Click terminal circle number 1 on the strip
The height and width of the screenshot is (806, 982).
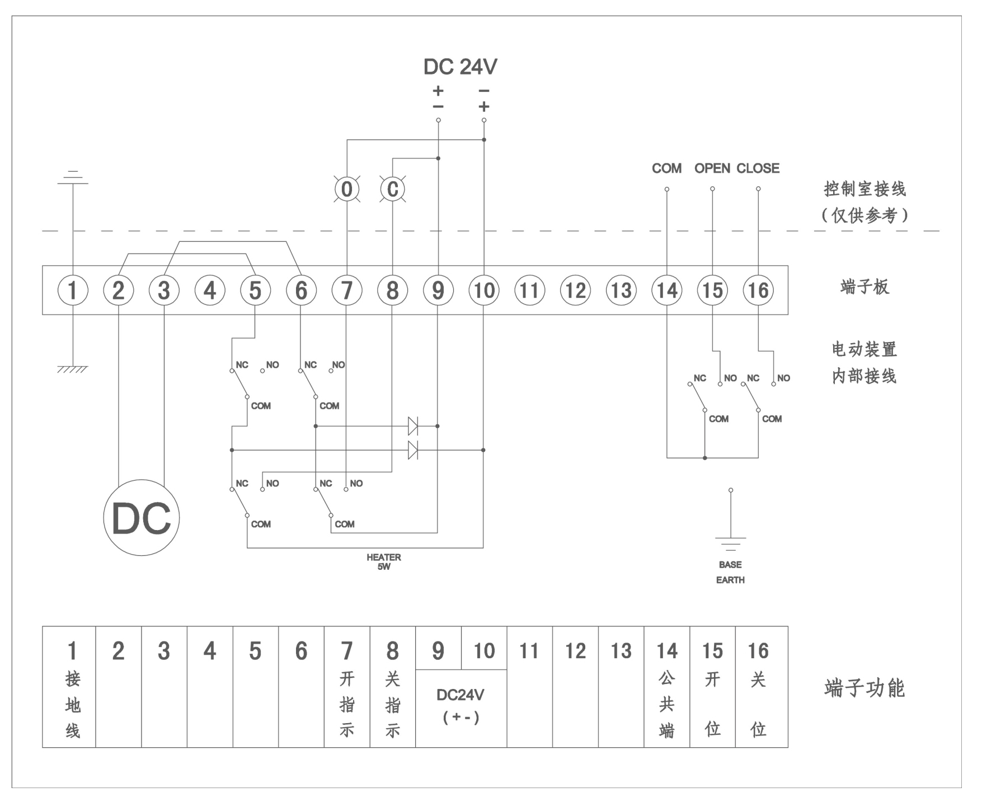[x=73, y=290]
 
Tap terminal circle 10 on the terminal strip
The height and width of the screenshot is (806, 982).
[x=484, y=290]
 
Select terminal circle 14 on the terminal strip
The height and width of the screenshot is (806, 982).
[x=667, y=290]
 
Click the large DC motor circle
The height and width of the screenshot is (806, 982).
[x=142, y=518]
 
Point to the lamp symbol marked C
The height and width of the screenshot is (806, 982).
[x=393, y=189]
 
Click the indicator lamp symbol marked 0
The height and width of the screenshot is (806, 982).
[x=347, y=189]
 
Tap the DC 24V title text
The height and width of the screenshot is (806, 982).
[x=460, y=67]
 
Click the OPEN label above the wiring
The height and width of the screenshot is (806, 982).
[x=712, y=168]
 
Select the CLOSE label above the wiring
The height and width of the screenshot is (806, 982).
[x=758, y=168]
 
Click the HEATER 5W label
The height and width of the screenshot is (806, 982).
[x=384, y=561]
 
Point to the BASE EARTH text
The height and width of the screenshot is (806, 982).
[x=730, y=573]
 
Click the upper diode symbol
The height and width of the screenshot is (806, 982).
[x=413, y=426]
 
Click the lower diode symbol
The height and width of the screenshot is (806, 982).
[x=413, y=450]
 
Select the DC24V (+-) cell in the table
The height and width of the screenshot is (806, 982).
[x=461, y=706]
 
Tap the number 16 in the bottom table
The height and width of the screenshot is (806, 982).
[x=758, y=651]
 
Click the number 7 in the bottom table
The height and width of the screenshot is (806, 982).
[x=347, y=651]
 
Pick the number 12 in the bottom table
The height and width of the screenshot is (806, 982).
[x=575, y=651]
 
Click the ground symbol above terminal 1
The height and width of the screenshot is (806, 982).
[x=73, y=177]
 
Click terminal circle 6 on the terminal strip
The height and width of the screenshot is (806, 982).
[x=301, y=290]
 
